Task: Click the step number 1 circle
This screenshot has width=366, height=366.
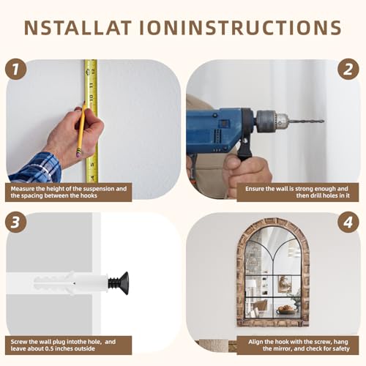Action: point(15,69)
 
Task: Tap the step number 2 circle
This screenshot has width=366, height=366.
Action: point(348,69)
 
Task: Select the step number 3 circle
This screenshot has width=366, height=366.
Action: point(15,222)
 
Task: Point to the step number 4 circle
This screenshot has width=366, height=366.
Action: point(348,223)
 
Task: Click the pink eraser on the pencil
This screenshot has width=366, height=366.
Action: point(78,154)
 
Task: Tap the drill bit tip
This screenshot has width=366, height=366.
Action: point(323,121)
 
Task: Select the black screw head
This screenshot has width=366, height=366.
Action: point(124,283)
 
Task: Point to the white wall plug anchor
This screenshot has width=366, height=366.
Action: point(71,283)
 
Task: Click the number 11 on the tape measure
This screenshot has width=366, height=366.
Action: point(91,86)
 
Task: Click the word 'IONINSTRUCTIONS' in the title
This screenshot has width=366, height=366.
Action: point(240,28)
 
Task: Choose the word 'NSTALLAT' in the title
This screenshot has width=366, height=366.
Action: point(78,28)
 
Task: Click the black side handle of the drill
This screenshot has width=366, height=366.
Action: point(244,149)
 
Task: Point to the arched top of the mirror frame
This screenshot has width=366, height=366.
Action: point(273,224)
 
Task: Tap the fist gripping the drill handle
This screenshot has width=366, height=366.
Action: point(247,176)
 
